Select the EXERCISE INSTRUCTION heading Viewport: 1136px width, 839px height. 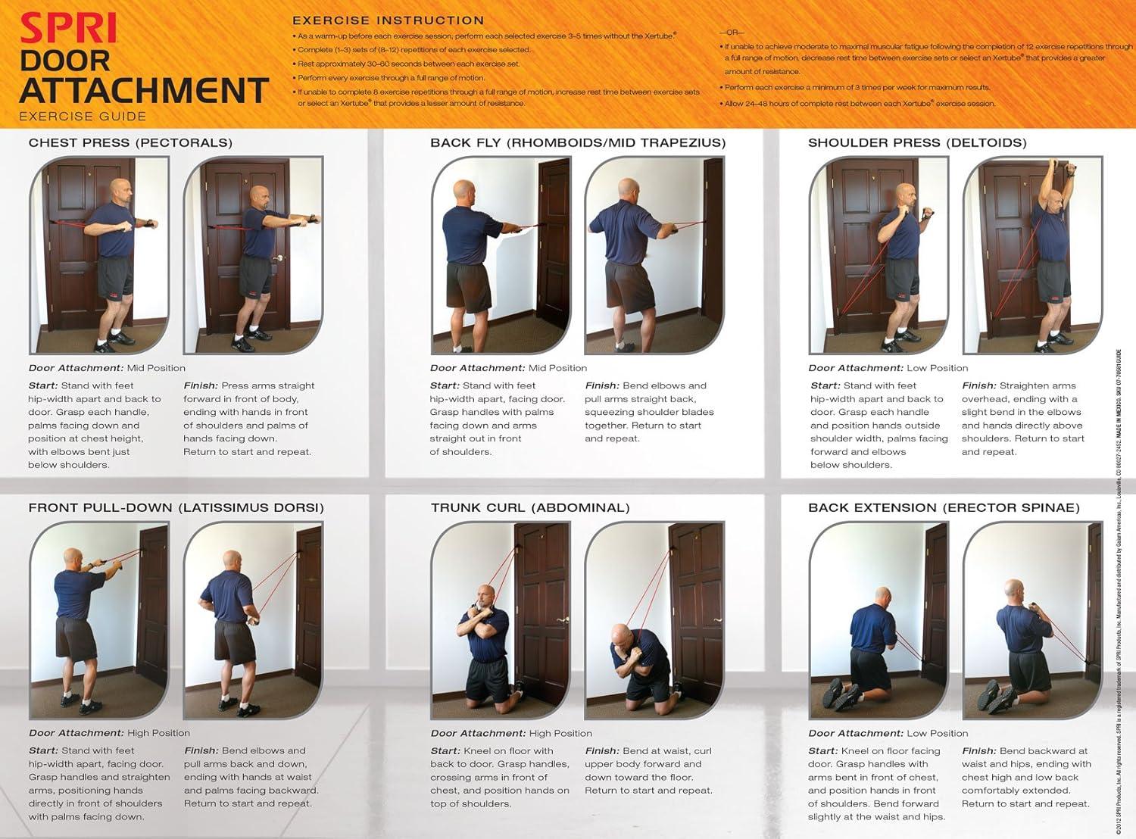[x=388, y=20]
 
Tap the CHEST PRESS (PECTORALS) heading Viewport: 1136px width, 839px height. [x=130, y=142]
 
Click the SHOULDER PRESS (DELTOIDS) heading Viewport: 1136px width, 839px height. [x=917, y=142]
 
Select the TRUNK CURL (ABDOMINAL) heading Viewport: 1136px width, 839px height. [x=530, y=507]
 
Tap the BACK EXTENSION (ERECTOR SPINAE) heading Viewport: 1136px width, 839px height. [x=944, y=507]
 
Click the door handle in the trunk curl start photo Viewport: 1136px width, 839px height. [x=562, y=620]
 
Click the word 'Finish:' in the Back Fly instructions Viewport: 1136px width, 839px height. [x=601, y=385]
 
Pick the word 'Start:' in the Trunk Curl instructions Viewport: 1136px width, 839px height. [x=445, y=751]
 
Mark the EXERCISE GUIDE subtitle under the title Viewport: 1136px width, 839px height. [x=83, y=117]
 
